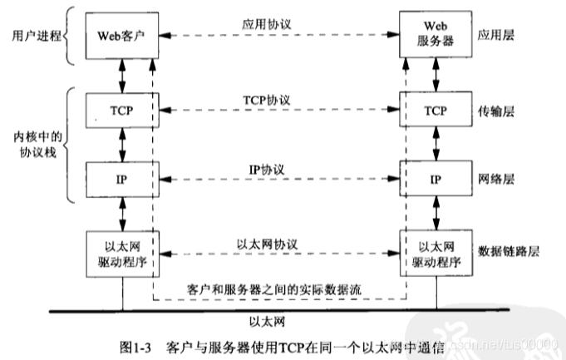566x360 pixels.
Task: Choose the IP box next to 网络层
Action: tap(434, 178)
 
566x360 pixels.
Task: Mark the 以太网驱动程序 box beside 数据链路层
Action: tap(434, 250)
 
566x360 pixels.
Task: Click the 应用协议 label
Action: tap(279, 24)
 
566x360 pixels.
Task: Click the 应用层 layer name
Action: tap(496, 36)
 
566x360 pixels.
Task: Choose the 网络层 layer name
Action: tap(496, 179)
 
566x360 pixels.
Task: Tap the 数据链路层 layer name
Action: tap(508, 250)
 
